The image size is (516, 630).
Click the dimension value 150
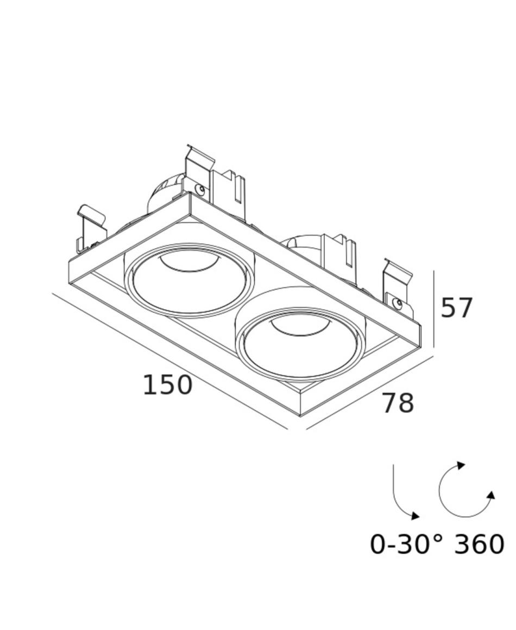(x=168, y=385)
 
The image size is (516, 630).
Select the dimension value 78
(x=398, y=403)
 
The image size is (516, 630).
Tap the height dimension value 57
(x=456, y=308)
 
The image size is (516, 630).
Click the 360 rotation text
(x=479, y=544)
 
